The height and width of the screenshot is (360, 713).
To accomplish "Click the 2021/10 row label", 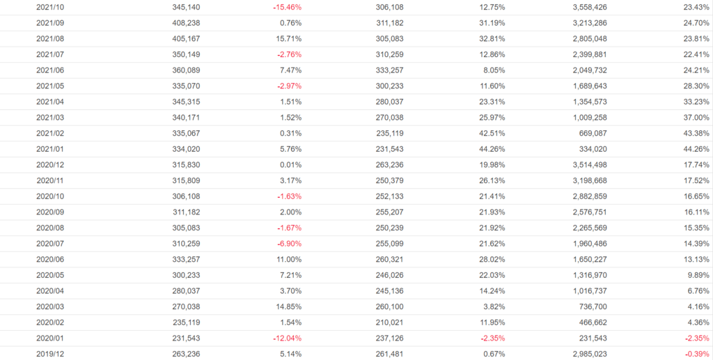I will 50,7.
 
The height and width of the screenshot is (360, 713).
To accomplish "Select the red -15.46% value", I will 287,7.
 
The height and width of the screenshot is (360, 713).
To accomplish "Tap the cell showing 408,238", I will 187,23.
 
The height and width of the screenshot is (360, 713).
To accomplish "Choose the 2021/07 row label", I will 50,54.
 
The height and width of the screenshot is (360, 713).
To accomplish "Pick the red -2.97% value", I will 288,86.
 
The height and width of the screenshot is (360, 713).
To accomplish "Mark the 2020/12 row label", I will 50,164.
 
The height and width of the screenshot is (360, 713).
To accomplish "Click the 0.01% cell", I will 290,164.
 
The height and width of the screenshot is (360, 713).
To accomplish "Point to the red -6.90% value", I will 288,243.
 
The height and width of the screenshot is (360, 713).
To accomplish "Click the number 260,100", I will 389,306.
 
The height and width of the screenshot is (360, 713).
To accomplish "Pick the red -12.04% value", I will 287,338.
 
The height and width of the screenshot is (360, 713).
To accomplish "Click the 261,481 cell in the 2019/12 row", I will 389,354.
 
